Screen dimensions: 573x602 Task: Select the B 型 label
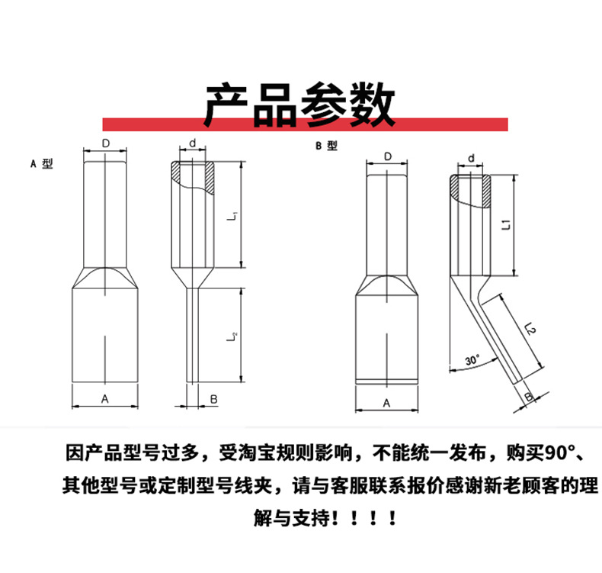click(x=326, y=146)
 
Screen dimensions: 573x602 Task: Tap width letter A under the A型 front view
click(x=105, y=398)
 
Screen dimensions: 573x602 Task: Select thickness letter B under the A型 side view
click(x=214, y=398)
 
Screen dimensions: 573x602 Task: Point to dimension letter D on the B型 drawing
click(x=388, y=156)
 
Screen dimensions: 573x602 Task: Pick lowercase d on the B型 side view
click(x=472, y=158)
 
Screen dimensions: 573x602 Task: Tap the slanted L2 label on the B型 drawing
click(x=531, y=329)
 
